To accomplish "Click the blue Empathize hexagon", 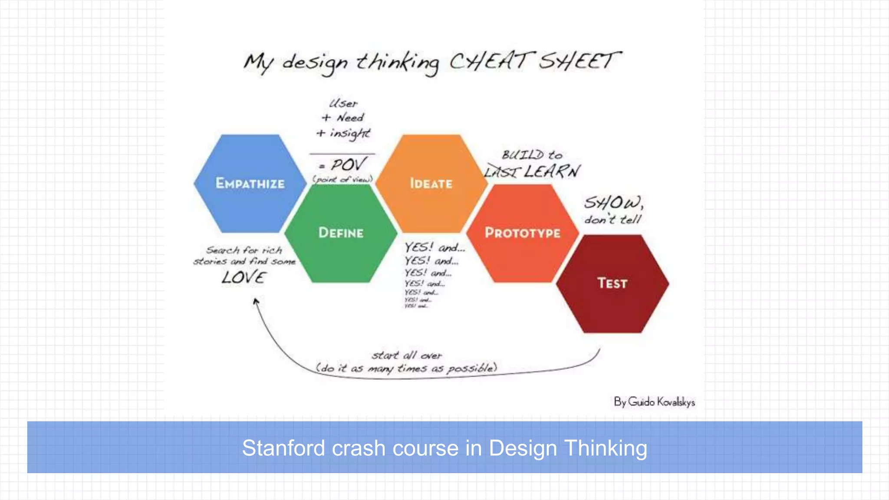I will point(250,184).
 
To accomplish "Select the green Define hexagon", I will point(341,233).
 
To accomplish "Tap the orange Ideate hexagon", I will point(431,184).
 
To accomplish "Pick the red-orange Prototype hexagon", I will point(523,233).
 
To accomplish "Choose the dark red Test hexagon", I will point(612,284).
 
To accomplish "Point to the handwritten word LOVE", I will point(244,277).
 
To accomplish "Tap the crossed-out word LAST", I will point(501,172).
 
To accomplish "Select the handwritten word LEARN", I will point(552,171).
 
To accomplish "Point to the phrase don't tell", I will point(612,220).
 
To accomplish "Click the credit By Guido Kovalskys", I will point(654,402).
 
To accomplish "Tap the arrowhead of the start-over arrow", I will point(256,300).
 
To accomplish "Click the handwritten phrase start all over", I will point(407,355).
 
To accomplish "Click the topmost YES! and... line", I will point(435,247).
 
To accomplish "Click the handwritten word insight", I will point(349,133).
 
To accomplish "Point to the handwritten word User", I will point(343,104).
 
